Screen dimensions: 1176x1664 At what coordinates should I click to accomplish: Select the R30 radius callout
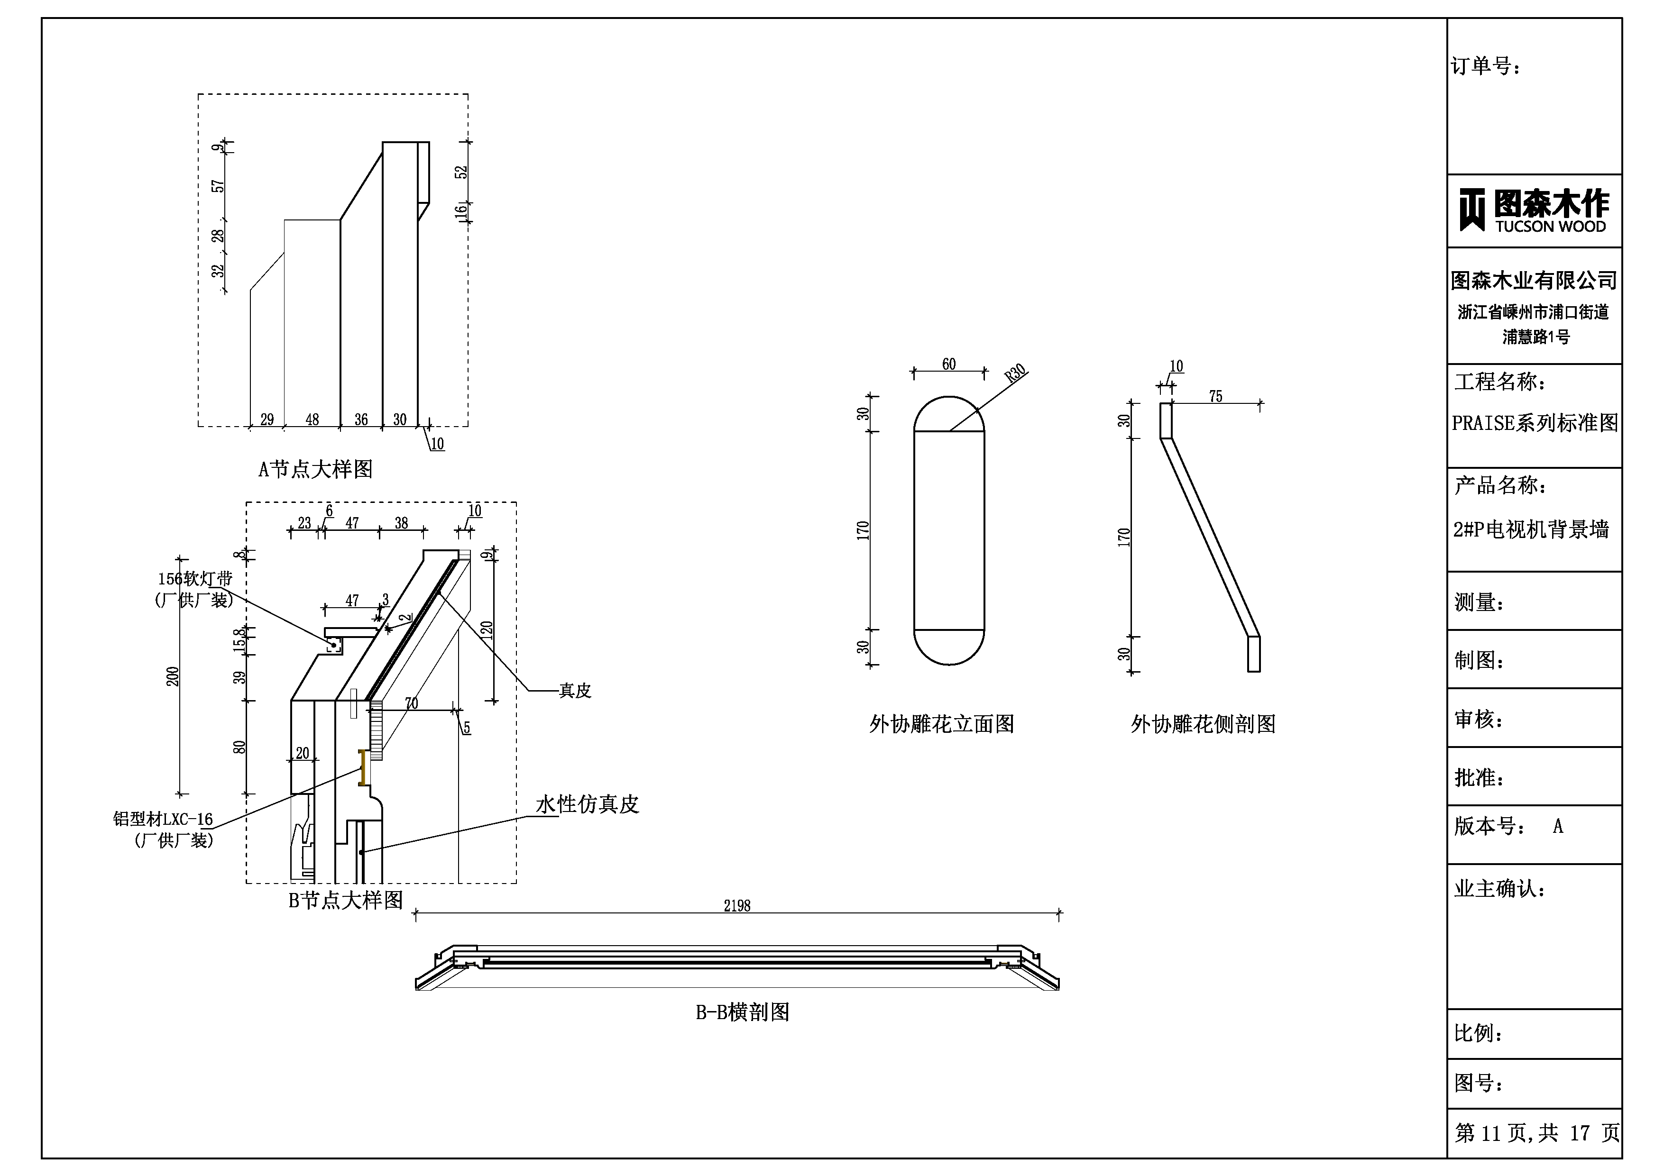click(x=1015, y=373)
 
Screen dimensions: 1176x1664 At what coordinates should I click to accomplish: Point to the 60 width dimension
click(x=949, y=365)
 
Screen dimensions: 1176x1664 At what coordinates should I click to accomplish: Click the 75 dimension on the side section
click(x=1215, y=396)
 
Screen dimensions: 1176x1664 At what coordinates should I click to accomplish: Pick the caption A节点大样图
click(x=315, y=470)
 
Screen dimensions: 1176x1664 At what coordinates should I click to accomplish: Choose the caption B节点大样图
click(x=346, y=900)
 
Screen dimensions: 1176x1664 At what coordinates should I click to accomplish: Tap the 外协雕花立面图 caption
click(x=941, y=724)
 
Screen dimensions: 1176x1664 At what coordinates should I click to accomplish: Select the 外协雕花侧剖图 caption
click(x=1203, y=724)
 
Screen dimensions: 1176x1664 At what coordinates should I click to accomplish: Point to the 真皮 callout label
click(x=575, y=691)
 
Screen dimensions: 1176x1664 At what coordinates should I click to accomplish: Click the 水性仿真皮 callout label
click(x=587, y=804)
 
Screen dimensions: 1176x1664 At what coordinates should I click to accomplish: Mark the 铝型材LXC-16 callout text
click(x=163, y=820)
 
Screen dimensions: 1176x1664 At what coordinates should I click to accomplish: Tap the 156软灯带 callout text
click(x=195, y=579)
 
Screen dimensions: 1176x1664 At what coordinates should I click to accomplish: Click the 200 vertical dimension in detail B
click(x=173, y=676)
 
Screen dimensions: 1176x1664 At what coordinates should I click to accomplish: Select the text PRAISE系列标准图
click(x=1534, y=423)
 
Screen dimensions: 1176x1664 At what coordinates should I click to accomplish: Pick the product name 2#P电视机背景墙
click(x=1531, y=529)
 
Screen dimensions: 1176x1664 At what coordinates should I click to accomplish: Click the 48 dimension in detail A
click(x=312, y=419)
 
